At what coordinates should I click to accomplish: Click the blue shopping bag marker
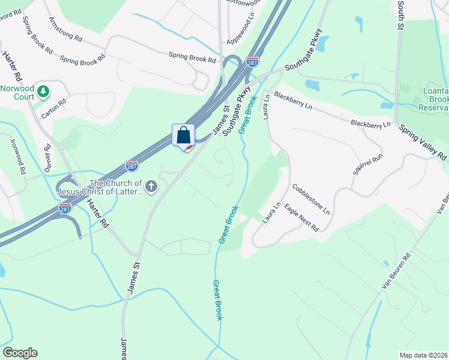click(x=184, y=135)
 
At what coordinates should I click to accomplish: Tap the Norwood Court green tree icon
click(x=43, y=91)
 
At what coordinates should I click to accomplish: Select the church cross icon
click(x=151, y=187)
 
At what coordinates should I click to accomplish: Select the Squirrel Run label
click(x=367, y=164)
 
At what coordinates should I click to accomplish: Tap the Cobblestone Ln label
click(x=311, y=199)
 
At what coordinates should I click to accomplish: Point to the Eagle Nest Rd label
click(x=301, y=217)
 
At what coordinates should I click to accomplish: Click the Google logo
click(x=20, y=353)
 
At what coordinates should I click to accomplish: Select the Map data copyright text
click(x=424, y=355)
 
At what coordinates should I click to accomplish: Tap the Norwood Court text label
click(x=17, y=91)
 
